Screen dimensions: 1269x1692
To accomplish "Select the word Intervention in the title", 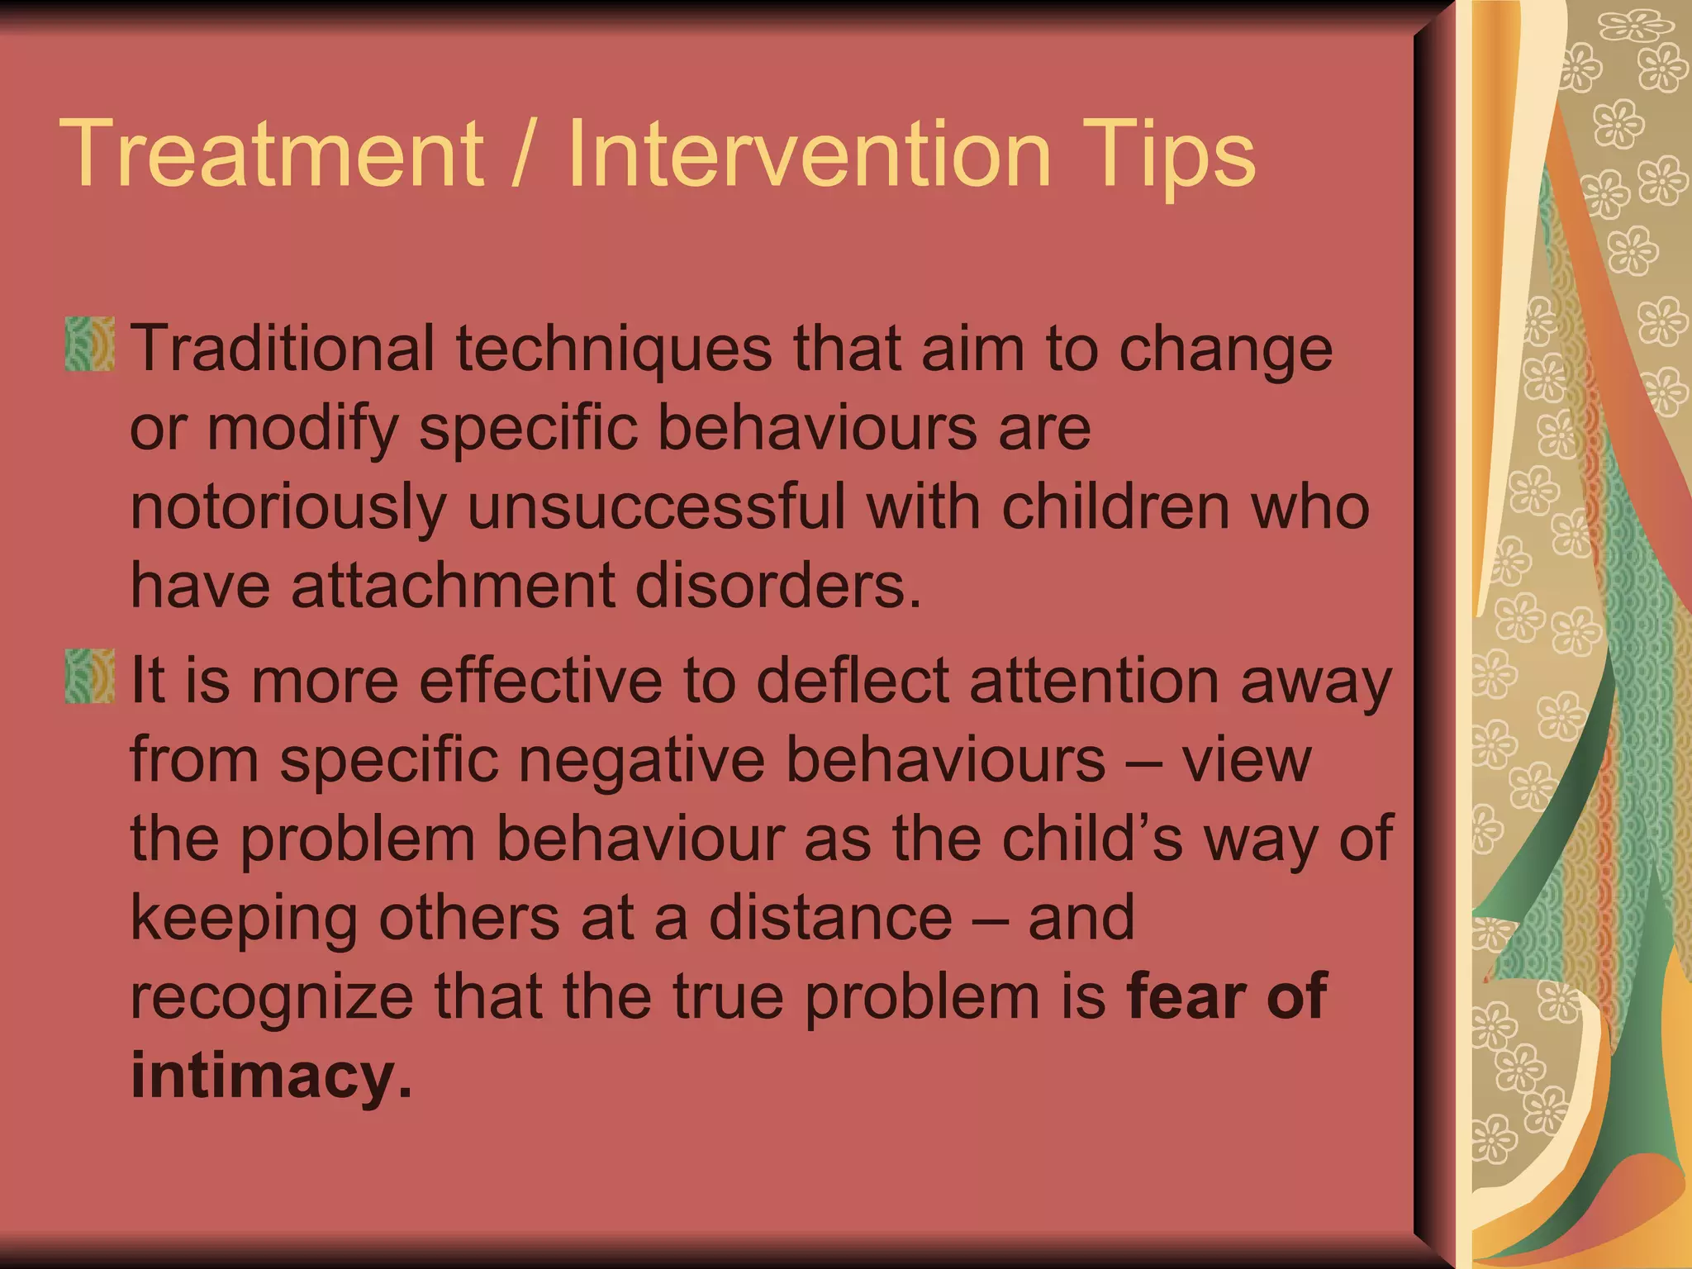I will pyautogui.click(x=810, y=154).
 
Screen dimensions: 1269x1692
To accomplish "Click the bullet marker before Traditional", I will pyautogui.click(x=89, y=344).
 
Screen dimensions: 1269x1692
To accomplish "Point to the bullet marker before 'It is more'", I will pyautogui.click(x=89, y=676).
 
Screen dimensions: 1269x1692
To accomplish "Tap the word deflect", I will pyautogui.click(x=852, y=681).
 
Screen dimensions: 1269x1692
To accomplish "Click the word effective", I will pyautogui.click(x=541, y=681).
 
